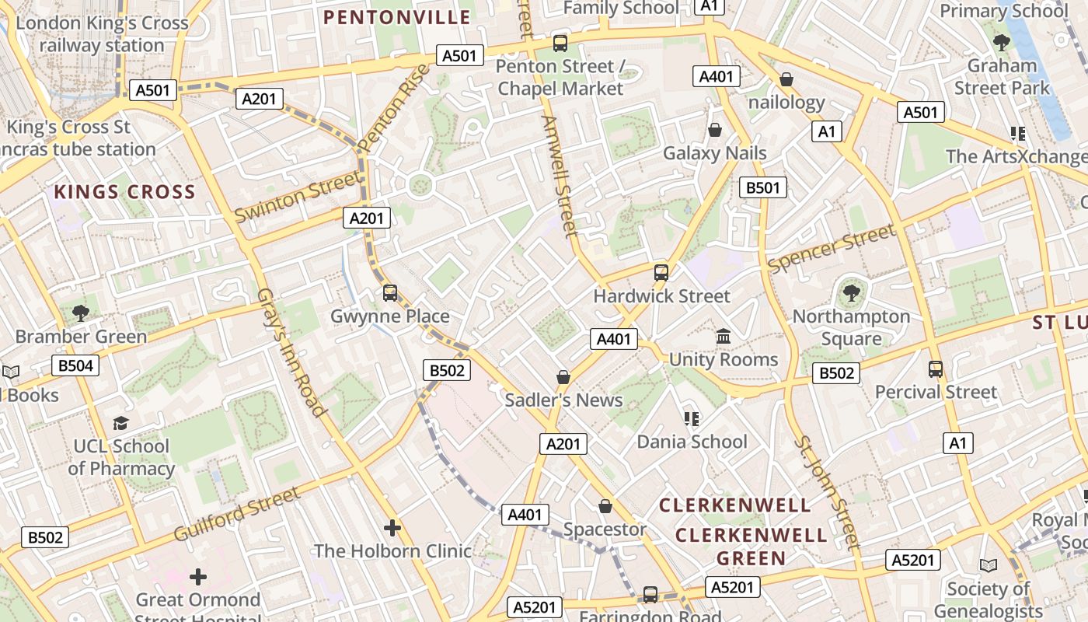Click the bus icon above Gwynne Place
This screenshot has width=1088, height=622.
tap(390, 293)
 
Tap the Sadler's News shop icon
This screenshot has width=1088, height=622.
tap(563, 377)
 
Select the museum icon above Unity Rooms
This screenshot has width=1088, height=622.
tap(724, 337)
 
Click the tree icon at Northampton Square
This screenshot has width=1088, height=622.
tap(852, 293)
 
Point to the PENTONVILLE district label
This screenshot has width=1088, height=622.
tap(397, 17)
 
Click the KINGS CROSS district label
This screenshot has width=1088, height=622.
tap(124, 192)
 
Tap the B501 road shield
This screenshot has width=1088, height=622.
tap(762, 187)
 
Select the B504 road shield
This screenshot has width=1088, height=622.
tap(75, 365)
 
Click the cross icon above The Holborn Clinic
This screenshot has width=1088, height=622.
tap(392, 528)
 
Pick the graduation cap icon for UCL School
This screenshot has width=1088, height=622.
tap(120, 423)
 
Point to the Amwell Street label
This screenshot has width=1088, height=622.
tap(559, 176)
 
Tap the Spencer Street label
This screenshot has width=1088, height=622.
tap(831, 249)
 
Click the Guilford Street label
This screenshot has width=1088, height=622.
tap(236, 514)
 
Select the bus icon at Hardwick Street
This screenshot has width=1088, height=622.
tap(661, 273)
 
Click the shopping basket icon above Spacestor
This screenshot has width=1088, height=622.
tap(605, 507)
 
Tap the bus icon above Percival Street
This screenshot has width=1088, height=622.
tap(936, 369)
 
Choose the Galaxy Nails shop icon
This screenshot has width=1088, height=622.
tap(714, 130)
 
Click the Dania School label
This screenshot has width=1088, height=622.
tap(692, 442)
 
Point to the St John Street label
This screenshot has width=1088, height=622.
tap(828, 491)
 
